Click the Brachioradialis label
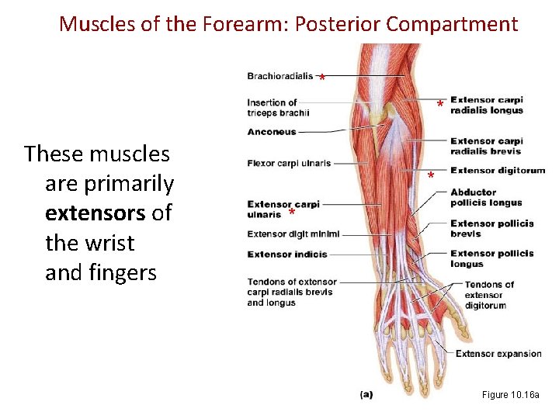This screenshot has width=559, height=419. pyautogui.click(x=279, y=76)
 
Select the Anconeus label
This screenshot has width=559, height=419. pyautogui.click(x=272, y=132)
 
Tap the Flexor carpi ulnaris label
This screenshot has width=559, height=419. pyautogui.click(x=289, y=164)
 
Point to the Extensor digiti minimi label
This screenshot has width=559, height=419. pyautogui.click(x=293, y=234)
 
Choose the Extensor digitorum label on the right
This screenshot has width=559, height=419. pyautogui.click(x=498, y=171)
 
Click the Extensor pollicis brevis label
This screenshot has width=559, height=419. pyautogui.click(x=491, y=228)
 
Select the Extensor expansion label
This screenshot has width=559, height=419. pyautogui.click(x=498, y=354)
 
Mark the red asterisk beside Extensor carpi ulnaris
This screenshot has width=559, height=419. pyautogui.click(x=292, y=213)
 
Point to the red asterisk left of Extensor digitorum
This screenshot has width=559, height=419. pyautogui.click(x=431, y=177)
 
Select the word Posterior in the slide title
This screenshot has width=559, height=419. pyautogui.click(x=339, y=24)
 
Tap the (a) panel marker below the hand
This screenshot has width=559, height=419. pyautogui.click(x=366, y=394)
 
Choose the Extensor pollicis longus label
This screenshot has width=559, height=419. pyautogui.click(x=491, y=258)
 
